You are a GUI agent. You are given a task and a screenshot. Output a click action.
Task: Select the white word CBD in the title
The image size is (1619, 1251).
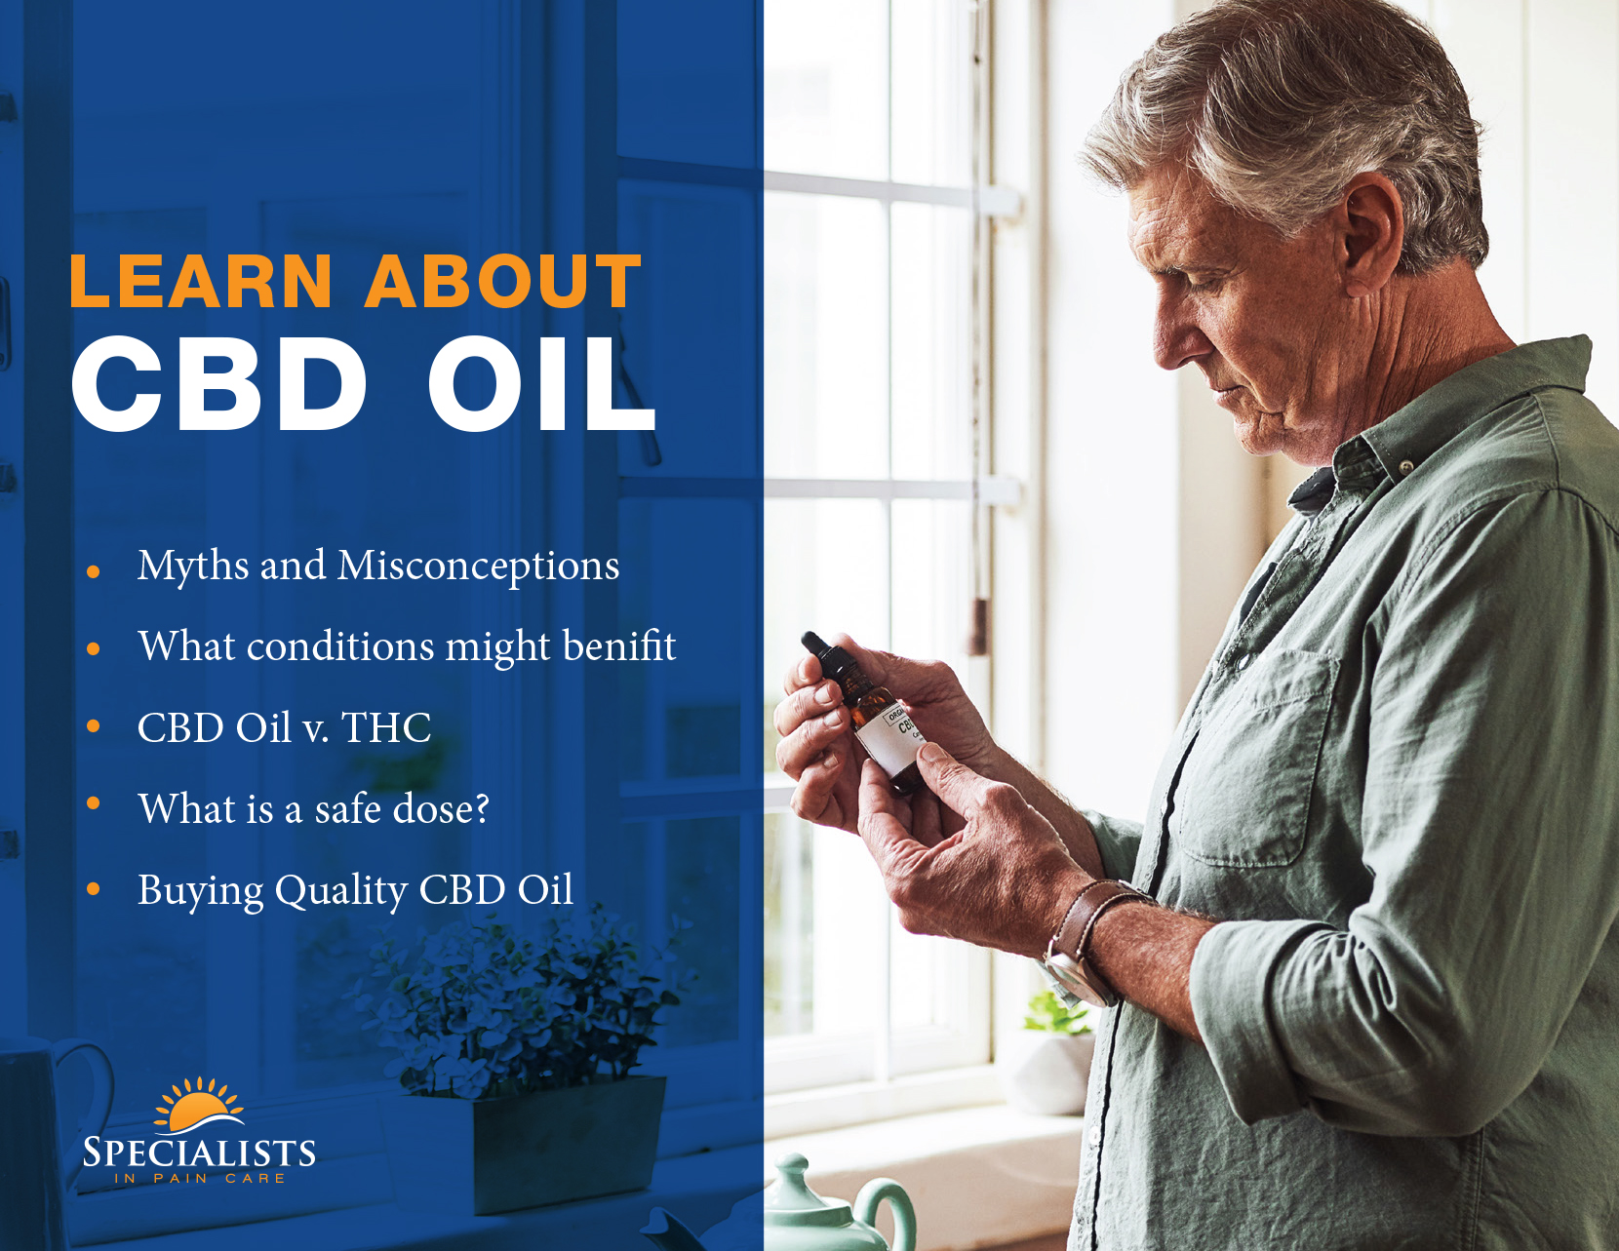[x=219, y=383]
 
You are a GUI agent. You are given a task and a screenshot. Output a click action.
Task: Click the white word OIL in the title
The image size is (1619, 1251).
[x=541, y=383]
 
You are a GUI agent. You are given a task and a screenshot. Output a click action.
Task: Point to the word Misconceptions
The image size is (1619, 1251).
[x=478, y=567]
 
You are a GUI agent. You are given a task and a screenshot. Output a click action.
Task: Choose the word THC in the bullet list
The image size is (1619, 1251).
[x=386, y=727]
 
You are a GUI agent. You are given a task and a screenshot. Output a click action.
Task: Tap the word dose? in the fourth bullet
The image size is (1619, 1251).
[x=440, y=808]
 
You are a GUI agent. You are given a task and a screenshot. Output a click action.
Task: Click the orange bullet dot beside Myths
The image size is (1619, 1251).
[x=93, y=572]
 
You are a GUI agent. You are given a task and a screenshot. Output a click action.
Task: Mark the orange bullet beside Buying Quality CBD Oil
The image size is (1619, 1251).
[x=93, y=889]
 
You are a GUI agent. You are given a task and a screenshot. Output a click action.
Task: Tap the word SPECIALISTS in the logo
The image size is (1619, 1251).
[x=199, y=1153]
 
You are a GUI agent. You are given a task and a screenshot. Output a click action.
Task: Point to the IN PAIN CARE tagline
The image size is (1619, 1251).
[x=200, y=1179]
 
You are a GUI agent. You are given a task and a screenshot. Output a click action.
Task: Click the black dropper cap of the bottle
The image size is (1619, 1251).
[x=819, y=652]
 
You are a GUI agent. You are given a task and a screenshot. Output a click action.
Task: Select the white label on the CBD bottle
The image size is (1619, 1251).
[x=891, y=737]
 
